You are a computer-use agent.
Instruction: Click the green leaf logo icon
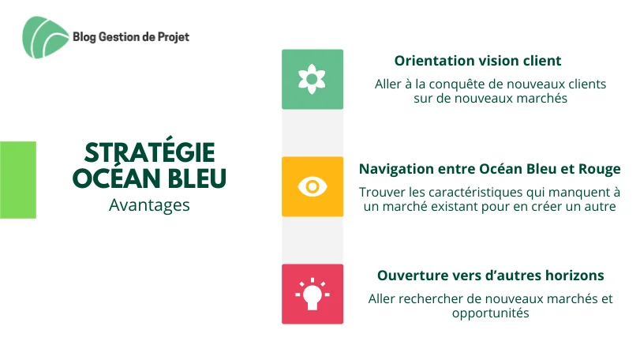pyautogui.click(x=45, y=37)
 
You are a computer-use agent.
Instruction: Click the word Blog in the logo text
pyautogui.click(x=84, y=37)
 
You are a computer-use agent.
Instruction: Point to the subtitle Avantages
pyautogui.click(x=149, y=205)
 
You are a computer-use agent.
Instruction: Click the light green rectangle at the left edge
pyautogui.click(x=18, y=179)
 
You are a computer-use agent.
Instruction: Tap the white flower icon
pyautogui.click(x=312, y=79)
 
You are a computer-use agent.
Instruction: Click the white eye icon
pyautogui.click(x=313, y=186)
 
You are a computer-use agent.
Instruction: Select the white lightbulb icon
pyautogui.click(x=313, y=294)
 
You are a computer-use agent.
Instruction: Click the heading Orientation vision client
pyautogui.click(x=477, y=61)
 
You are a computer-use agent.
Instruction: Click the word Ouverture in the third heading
pyautogui.click(x=412, y=276)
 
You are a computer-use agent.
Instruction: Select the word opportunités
pyautogui.click(x=491, y=313)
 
